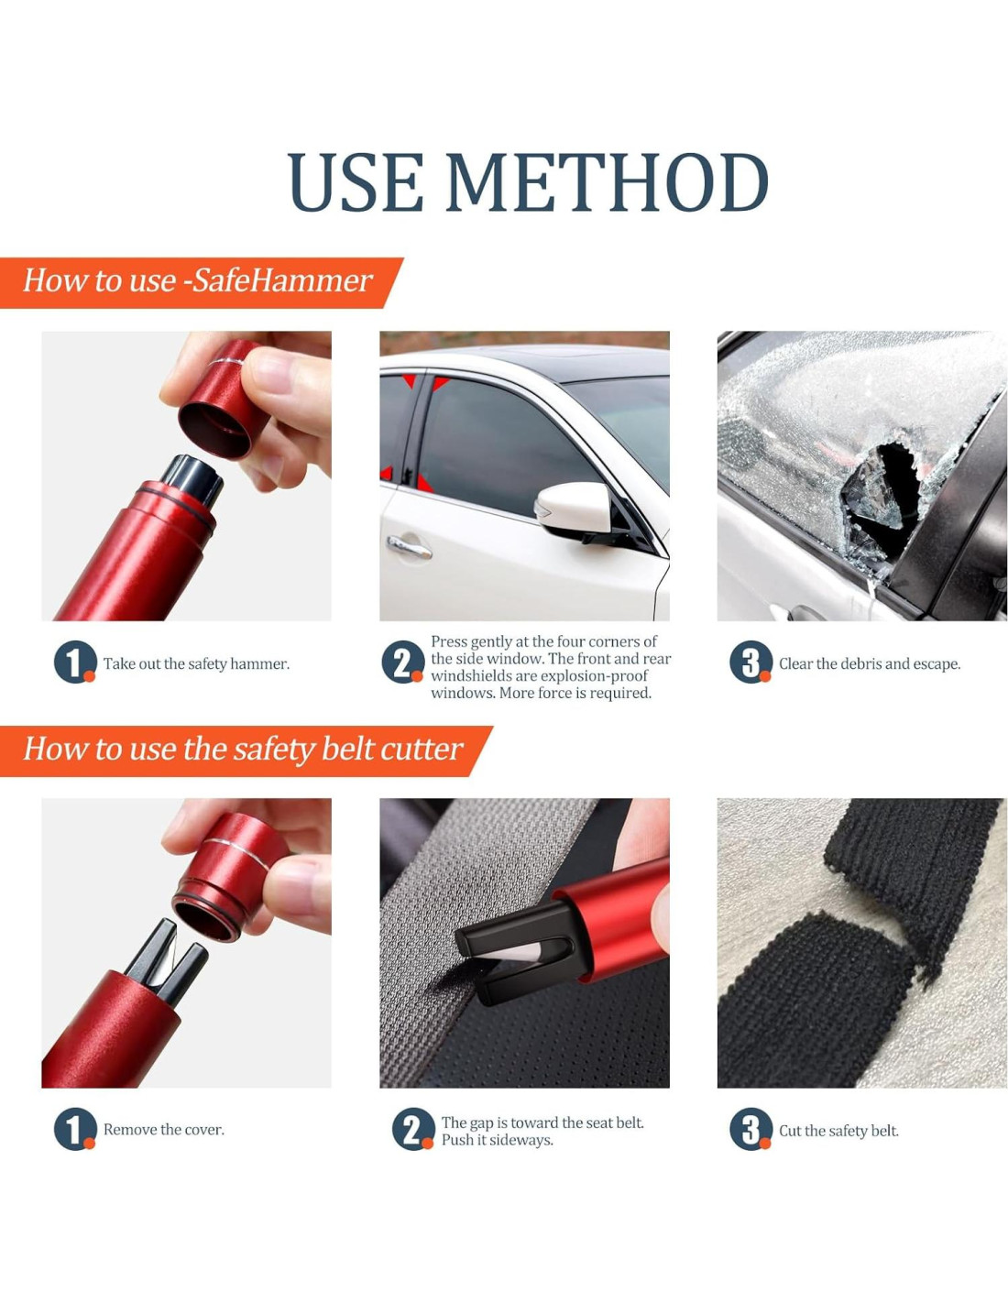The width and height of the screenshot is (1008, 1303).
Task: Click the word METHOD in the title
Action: pyautogui.click(x=606, y=182)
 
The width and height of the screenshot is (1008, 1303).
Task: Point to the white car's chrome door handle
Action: pyautogui.click(x=409, y=547)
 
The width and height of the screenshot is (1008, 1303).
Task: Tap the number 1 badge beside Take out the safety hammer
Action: pyautogui.click(x=75, y=662)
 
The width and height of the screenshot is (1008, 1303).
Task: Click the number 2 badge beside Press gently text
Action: pyautogui.click(x=402, y=662)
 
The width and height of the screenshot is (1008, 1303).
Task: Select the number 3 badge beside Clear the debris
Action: pyautogui.click(x=751, y=662)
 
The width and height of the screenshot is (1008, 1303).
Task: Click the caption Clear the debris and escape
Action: pyautogui.click(x=870, y=663)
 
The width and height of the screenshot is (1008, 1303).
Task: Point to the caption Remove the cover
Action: pyautogui.click(x=164, y=1130)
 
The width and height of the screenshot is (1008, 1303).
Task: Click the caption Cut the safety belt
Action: pyautogui.click(x=838, y=1131)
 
